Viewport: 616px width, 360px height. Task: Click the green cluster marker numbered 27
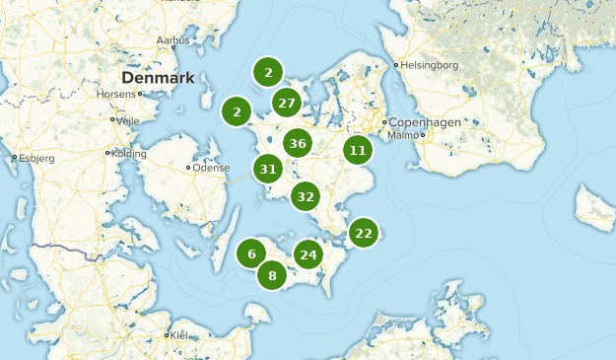[287, 103]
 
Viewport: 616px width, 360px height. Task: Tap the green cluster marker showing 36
[298, 143]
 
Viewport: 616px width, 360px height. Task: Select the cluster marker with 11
[357, 151]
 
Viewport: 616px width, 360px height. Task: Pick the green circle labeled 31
[267, 169]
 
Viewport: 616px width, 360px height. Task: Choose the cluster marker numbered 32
[305, 196]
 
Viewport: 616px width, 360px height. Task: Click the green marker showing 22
[364, 233]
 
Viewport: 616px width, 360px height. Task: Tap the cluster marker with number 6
[251, 253]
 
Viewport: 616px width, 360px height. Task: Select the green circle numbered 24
[308, 254]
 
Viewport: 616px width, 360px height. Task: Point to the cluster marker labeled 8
[272, 275]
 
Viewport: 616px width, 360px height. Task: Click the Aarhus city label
[172, 40]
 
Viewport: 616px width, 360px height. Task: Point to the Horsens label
[116, 95]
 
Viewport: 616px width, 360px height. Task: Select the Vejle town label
[129, 119]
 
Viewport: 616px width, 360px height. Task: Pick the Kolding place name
[128, 153]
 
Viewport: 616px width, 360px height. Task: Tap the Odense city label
[211, 168]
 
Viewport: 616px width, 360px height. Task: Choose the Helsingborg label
[429, 65]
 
